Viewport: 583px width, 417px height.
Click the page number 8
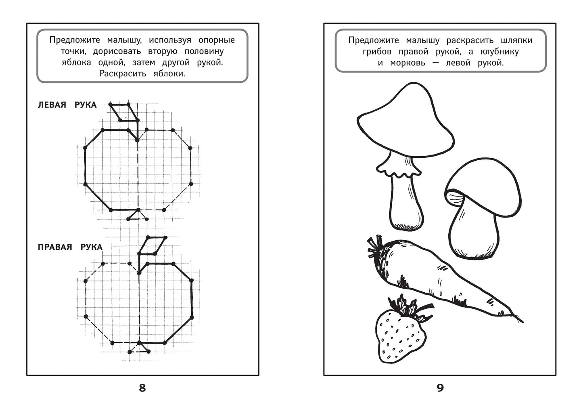pos(142,388)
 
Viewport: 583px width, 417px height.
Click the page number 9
pos(440,388)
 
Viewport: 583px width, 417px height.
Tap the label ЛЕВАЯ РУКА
pos(67,105)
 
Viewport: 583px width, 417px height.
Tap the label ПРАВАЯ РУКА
pos(70,247)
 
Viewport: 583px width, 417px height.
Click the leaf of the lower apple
pos(152,245)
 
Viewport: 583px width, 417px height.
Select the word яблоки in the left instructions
pos(169,74)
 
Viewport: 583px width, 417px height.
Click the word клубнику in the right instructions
pos(499,52)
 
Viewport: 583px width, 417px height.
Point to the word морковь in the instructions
pos(407,63)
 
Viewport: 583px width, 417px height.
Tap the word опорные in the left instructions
pos(217,40)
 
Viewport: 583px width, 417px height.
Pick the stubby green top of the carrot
pos(374,247)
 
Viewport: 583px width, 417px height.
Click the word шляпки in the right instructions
pos(516,40)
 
